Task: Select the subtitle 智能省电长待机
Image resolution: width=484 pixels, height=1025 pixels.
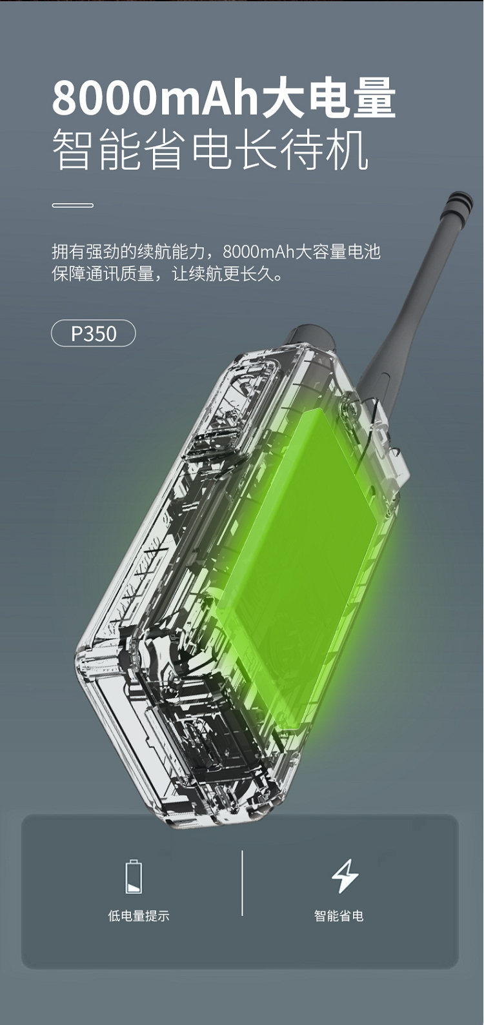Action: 210,150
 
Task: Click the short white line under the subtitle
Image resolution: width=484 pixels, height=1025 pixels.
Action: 73,206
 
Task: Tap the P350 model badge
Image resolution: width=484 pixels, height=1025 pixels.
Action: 94,333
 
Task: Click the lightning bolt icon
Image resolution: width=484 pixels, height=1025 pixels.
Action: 345,876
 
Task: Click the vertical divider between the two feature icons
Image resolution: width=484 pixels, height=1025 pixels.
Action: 242,883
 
